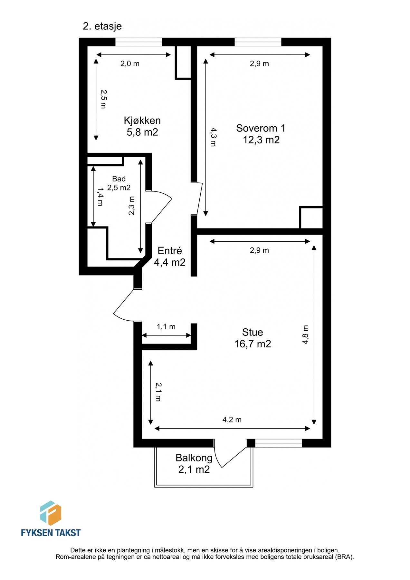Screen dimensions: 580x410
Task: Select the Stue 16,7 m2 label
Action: click(253, 338)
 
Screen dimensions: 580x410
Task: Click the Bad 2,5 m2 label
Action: click(119, 183)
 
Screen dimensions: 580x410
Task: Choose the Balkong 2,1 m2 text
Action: click(194, 463)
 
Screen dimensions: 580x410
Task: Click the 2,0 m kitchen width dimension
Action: click(130, 64)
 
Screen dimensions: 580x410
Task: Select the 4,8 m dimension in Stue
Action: click(305, 335)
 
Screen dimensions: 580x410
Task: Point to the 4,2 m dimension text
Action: click(232, 420)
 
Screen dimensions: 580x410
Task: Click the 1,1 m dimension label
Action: click(166, 327)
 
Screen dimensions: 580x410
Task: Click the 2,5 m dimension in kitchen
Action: click(103, 99)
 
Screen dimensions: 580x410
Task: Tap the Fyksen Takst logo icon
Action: click(51, 513)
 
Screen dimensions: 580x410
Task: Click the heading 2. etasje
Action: click(102, 26)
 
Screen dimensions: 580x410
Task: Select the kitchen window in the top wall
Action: click(138, 42)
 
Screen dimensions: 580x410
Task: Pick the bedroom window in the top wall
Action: click(258, 42)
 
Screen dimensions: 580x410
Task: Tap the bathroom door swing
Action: click(161, 206)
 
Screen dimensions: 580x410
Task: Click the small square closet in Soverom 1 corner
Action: click(311, 217)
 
